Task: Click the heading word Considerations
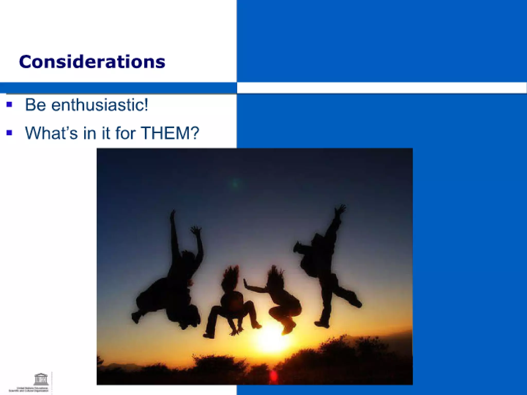click(92, 62)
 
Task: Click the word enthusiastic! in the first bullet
click(100, 105)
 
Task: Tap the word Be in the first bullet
click(35, 105)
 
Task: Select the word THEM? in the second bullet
click(170, 133)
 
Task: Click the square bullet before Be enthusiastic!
click(10, 104)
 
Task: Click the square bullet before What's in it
click(10, 133)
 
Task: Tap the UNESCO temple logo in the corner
click(41, 379)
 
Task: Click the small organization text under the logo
click(29, 390)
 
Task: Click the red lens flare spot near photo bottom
click(274, 376)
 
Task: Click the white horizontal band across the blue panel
click(381, 88)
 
